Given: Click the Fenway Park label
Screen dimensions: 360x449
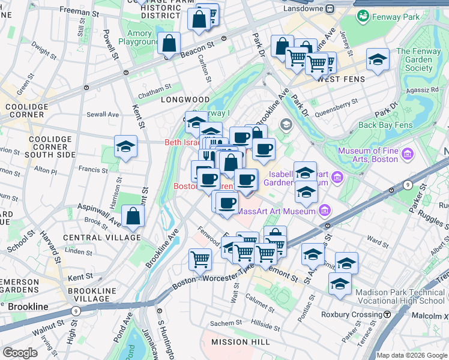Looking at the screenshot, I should coord(394,17).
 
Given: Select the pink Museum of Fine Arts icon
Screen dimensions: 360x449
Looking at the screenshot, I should coord(408,155).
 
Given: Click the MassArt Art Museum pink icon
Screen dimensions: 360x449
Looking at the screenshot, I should coord(325,211).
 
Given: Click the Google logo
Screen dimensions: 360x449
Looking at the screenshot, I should coord(20,352).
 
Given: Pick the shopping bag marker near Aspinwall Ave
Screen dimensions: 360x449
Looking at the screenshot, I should coord(133,217).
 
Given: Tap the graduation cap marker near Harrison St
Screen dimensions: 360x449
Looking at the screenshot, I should coord(126,146).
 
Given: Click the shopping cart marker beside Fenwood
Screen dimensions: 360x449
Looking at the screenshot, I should coord(200,259).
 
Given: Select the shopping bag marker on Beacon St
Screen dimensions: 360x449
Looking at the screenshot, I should coord(169,43).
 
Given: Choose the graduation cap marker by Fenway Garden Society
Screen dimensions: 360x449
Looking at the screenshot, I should coord(378,59).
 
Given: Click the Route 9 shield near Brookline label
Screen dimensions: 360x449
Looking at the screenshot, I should coord(76,311).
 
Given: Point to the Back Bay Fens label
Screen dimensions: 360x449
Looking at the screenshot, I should coord(385,125).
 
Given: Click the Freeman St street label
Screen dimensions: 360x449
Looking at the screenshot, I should coord(79,12).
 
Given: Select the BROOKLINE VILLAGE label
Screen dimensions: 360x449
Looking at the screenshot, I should coord(88,295).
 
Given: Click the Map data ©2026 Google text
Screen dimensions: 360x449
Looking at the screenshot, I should coord(411,355).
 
